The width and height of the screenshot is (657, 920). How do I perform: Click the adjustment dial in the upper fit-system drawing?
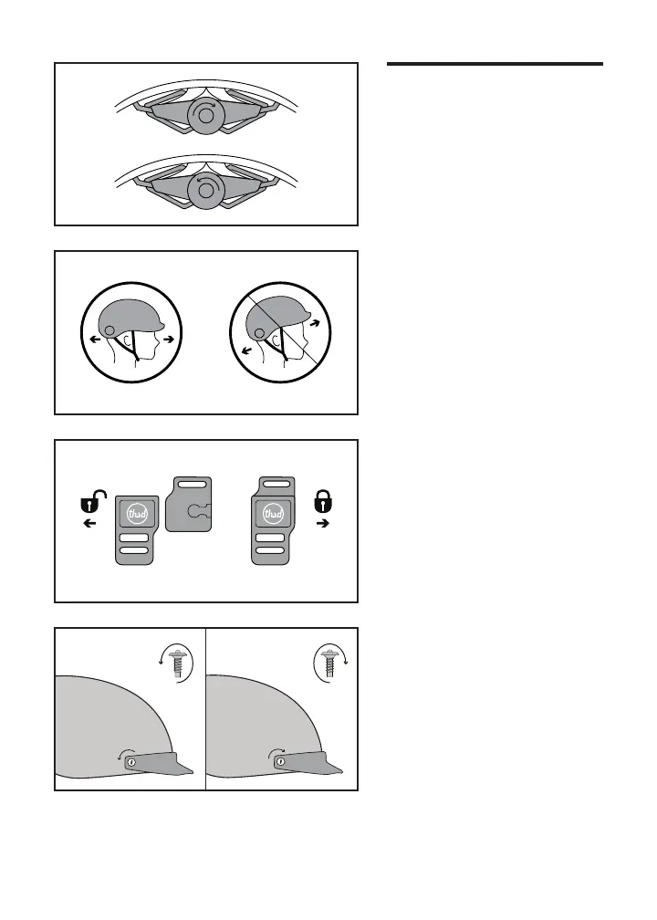tap(206, 116)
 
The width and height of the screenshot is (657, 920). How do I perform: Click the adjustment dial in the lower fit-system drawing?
tap(206, 190)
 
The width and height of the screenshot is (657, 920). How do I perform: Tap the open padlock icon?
tap(93, 502)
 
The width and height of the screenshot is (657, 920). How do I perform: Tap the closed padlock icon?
tap(323, 500)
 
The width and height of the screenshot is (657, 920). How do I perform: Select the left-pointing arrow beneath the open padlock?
tap(89, 523)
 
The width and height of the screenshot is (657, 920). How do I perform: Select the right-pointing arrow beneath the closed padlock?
tap(323, 523)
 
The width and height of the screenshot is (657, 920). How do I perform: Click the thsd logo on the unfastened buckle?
tap(137, 515)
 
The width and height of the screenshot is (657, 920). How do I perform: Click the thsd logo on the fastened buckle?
tap(273, 515)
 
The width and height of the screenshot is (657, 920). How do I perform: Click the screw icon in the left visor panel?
tap(176, 664)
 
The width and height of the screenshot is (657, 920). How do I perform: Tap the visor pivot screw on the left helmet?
tap(131, 762)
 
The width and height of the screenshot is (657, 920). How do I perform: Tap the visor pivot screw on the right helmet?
tap(281, 762)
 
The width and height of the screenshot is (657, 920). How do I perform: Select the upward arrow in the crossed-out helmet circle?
tap(316, 323)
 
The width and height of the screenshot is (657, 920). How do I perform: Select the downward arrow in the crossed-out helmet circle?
tap(247, 350)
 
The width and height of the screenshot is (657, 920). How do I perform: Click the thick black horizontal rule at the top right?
tap(495, 63)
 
